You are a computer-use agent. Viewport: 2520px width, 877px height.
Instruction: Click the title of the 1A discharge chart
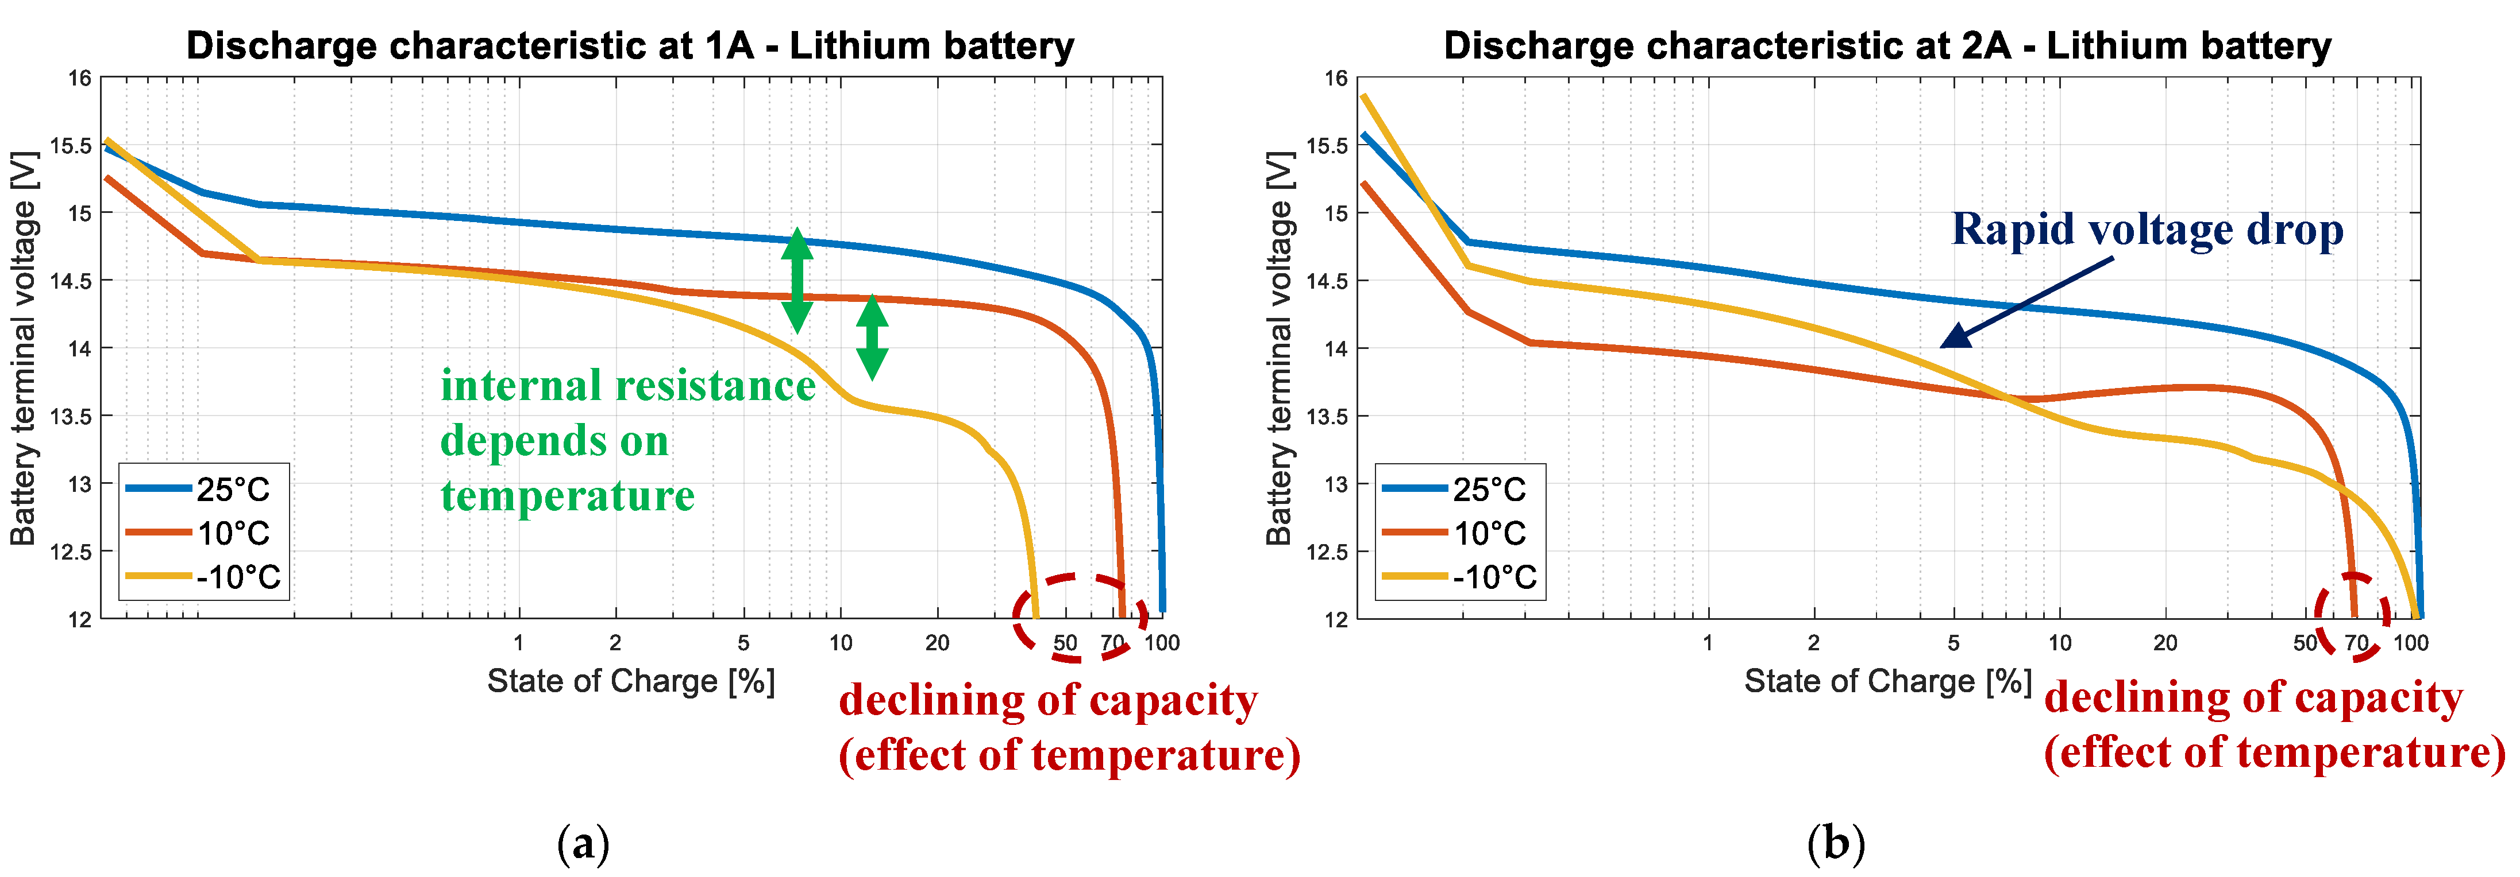(630, 46)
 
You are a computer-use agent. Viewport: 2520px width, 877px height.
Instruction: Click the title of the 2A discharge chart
(1887, 46)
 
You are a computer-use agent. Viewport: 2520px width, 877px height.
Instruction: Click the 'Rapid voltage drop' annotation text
(2147, 230)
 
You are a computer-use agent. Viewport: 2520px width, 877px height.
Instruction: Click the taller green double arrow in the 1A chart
(797, 281)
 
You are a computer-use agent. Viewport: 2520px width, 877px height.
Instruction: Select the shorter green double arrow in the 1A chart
(872, 337)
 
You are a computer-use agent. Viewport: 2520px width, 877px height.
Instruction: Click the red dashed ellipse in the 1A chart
(1079, 618)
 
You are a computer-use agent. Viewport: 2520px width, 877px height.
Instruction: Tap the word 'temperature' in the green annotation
(568, 496)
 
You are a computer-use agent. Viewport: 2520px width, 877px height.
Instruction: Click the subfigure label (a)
(583, 843)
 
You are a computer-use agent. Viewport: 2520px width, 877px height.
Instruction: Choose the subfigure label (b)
(1836, 843)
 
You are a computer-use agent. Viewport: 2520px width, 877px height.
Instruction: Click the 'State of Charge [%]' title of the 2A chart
(1887, 681)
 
